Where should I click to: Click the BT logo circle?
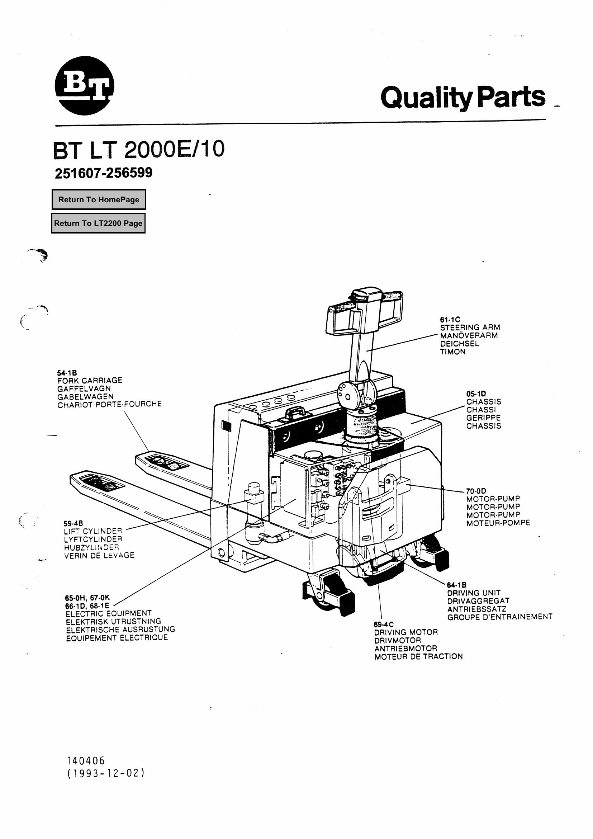pos(84,85)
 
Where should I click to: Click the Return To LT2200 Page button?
pos(98,223)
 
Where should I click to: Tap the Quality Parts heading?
pos(462,97)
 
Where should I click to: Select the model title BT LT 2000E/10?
pos(138,150)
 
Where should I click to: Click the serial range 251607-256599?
pos(103,173)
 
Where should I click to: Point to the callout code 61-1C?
pos(450,320)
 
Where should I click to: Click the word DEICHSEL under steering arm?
pos(459,344)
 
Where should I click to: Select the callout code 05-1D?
pos(476,394)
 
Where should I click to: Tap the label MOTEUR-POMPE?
pos(498,523)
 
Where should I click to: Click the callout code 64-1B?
pos(456,585)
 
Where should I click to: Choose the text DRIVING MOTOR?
pos(406,632)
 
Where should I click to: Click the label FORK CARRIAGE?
pos(90,380)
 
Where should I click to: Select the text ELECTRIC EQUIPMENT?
pos(108,613)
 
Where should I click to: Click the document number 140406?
pos(86,761)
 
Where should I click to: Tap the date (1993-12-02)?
pos(106,773)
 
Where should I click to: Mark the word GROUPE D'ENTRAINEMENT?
pos(499,617)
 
